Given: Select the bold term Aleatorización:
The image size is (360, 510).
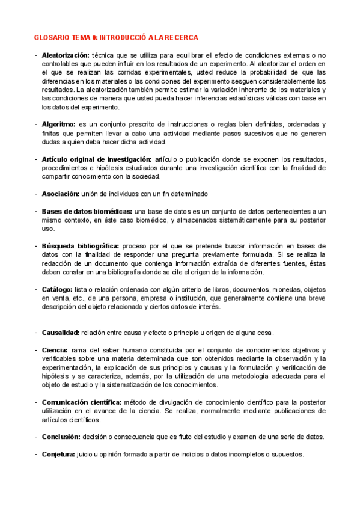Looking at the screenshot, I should [67, 55].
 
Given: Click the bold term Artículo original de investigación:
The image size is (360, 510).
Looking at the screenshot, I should [97, 159].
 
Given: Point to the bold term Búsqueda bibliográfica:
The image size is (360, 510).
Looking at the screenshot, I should [80, 246].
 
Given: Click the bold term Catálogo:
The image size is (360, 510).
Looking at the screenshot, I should [58, 289].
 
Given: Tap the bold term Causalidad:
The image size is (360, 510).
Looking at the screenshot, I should [61, 333].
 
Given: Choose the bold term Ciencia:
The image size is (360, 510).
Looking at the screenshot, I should [55, 350].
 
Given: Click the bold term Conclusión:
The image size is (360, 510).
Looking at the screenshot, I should [61, 437].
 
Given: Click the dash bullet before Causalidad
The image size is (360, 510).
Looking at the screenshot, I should [35, 333].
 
